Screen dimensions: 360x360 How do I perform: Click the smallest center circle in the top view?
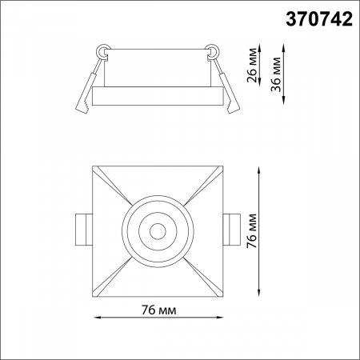[x=158, y=231]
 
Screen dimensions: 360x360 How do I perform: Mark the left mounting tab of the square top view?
[x=84, y=230]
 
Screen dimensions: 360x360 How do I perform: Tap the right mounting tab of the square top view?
[x=233, y=230]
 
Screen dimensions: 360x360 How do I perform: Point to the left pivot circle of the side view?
[x=102, y=51]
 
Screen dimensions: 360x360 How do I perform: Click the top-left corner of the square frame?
[x=94, y=166]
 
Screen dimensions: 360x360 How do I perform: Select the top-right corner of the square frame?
[x=222, y=166]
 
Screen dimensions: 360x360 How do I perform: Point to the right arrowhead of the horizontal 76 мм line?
[x=220, y=319]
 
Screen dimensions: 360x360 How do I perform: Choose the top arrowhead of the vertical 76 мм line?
[x=262, y=170]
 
